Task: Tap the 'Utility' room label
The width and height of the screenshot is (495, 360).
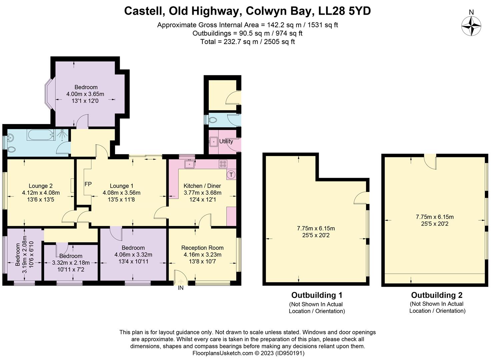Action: click(x=226, y=141)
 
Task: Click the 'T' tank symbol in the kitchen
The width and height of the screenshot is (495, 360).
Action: click(x=231, y=175)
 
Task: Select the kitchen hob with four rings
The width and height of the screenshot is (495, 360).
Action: click(x=223, y=164)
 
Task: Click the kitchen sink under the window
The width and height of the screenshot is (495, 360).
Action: click(x=190, y=164)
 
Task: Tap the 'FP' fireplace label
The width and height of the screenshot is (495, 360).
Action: click(x=88, y=184)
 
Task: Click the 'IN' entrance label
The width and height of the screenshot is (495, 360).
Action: click(x=181, y=288)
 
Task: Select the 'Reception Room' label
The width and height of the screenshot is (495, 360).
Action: click(x=202, y=248)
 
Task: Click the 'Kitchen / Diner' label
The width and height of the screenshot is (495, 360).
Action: click(x=202, y=186)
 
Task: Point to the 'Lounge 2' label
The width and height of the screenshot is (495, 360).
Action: click(x=41, y=186)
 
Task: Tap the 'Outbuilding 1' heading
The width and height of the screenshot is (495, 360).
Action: click(x=317, y=295)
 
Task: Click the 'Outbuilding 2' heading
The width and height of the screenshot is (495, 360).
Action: click(x=437, y=295)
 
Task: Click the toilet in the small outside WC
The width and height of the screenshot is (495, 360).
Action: click(x=212, y=119)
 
